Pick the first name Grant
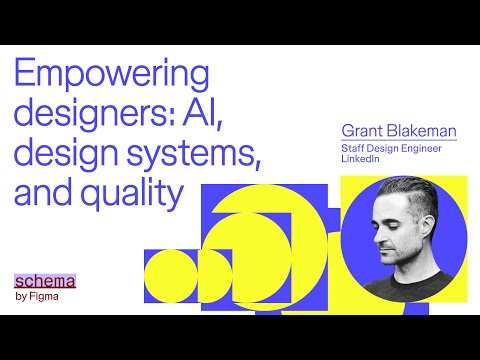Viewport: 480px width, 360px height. click(362, 131)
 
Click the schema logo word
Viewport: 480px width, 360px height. click(45, 281)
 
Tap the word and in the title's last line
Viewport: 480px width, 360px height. click(42, 193)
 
